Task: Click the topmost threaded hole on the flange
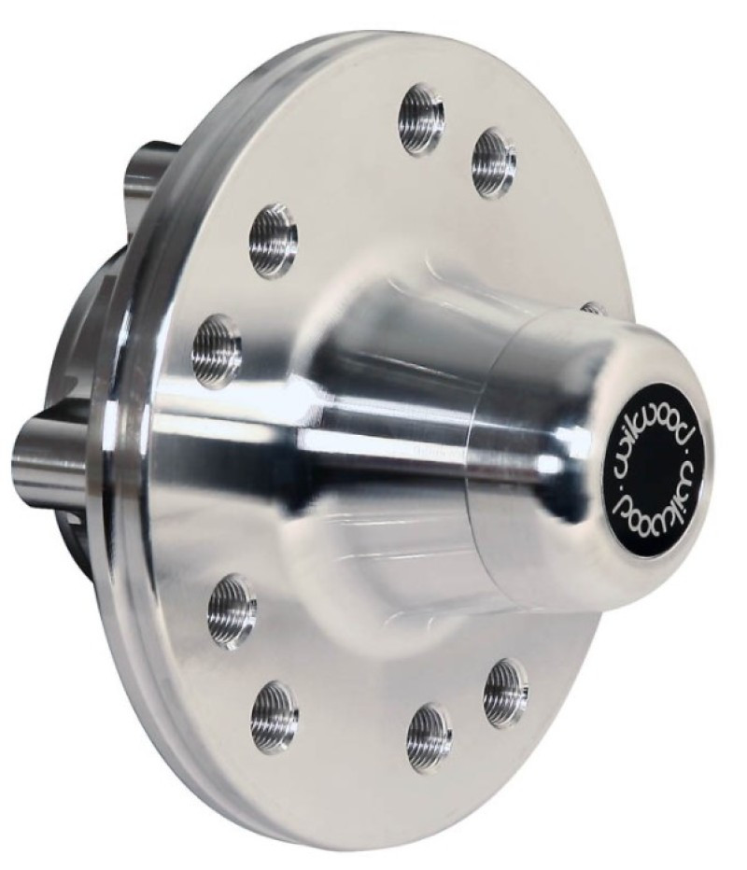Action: click(x=422, y=119)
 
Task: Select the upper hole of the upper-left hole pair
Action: click(x=273, y=240)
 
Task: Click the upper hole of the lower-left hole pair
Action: click(x=232, y=610)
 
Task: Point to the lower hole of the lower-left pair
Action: click(x=275, y=716)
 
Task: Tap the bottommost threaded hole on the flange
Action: click(x=429, y=737)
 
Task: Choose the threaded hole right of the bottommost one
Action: click(x=505, y=692)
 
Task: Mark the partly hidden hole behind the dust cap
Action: click(x=592, y=307)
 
